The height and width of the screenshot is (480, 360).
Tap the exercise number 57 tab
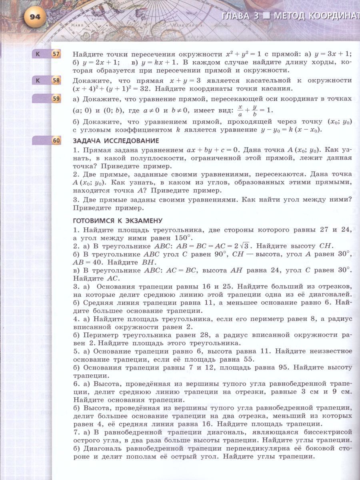tap(56, 54)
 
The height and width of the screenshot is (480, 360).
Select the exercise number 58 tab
tap(56, 80)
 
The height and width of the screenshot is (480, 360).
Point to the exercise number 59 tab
tap(56, 98)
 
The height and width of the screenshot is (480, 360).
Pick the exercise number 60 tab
tap(56, 140)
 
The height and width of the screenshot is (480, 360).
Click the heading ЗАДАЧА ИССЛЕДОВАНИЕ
tap(116, 141)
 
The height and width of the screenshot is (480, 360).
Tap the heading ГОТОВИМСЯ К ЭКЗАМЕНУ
tap(117, 220)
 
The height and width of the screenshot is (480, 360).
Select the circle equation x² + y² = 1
tap(245, 54)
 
